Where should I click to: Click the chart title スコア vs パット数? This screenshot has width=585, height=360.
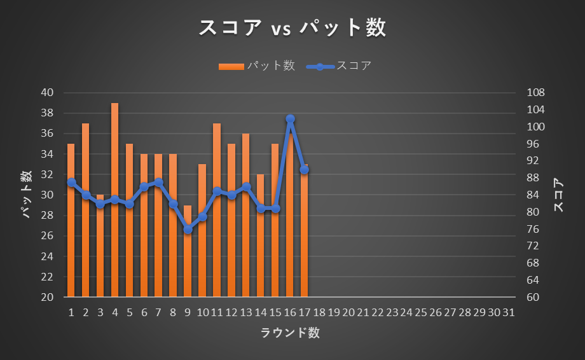pyautogui.click(x=292, y=28)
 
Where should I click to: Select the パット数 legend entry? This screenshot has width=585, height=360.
pyautogui.click(x=257, y=66)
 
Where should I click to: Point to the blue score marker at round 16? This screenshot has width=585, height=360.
pyautogui.click(x=290, y=119)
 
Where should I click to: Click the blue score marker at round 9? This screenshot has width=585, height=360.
pyautogui.click(x=188, y=229)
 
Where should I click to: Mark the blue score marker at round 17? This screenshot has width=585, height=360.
pyautogui.click(x=305, y=170)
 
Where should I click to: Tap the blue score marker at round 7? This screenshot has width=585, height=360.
pyautogui.click(x=158, y=183)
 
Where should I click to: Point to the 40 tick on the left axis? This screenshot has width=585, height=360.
pyautogui.click(x=48, y=93)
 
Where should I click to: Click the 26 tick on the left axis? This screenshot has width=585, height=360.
pyautogui.click(x=48, y=236)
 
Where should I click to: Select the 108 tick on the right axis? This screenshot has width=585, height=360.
pyautogui.click(x=537, y=93)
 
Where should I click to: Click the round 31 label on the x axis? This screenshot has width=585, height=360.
pyautogui.click(x=508, y=313)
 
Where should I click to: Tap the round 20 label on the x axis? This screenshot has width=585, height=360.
pyautogui.click(x=348, y=313)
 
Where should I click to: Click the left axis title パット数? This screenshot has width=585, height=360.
pyautogui.click(x=27, y=195)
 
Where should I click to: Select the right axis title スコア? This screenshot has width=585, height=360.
pyautogui.click(x=559, y=195)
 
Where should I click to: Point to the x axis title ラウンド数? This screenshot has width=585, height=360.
pyautogui.click(x=290, y=333)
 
